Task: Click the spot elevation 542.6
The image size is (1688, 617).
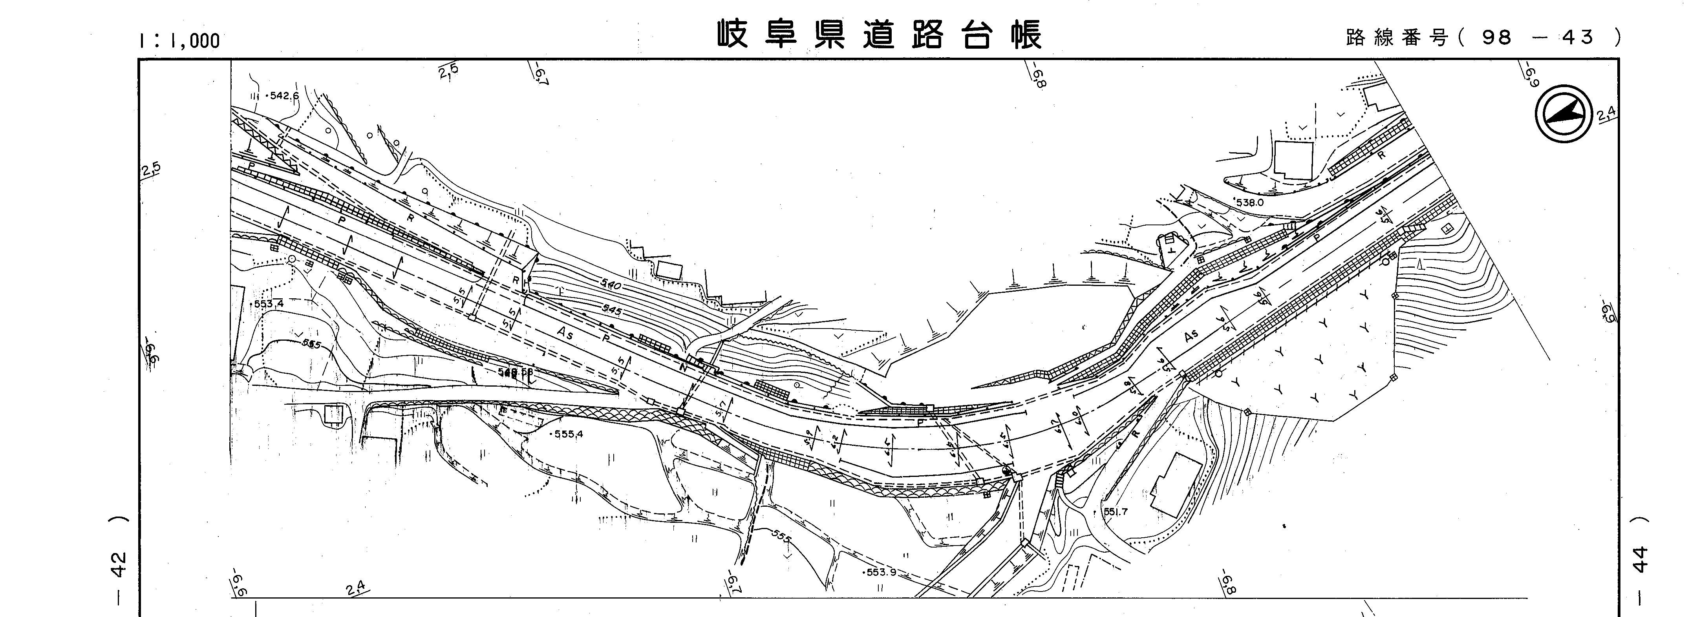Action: pyautogui.click(x=283, y=96)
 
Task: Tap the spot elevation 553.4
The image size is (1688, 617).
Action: pyautogui.click(x=269, y=304)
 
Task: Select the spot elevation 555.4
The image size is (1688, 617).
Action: pyautogui.click(x=567, y=434)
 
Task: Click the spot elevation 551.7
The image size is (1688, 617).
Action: pyautogui.click(x=1115, y=511)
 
